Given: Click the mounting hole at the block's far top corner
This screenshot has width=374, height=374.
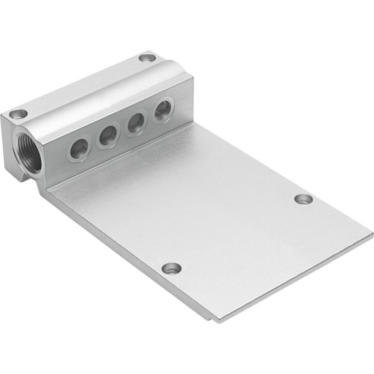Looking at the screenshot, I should coord(145,58).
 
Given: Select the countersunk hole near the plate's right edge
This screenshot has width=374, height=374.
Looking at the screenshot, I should coord(303,199).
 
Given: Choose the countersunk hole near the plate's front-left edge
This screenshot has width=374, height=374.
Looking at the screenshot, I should coord(172,268).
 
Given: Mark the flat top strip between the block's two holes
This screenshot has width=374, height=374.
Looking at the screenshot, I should coord(80,85).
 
